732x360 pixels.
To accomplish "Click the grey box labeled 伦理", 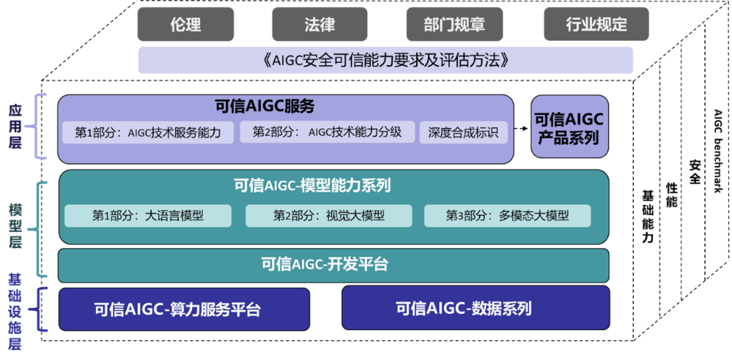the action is pyautogui.click(x=185, y=25).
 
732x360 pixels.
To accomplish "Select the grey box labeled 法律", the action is pyautogui.click(x=320, y=25).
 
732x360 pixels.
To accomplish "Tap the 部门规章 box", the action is pyautogui.click(x=455, y=25).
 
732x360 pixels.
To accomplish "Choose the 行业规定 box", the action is pyautogui.click(x=596, y=25).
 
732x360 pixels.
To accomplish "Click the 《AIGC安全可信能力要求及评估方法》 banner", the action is pyautogui.click(x=386, y=60).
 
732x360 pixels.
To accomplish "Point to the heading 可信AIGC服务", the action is pyautogui.click(x=264, y=107).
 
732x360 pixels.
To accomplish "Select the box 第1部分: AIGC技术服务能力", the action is pyautogui.click(x=148, y=133).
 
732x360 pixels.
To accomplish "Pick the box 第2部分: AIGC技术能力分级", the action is pyautogui.click(x=327, y=133).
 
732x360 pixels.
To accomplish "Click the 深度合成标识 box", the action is pyautogui.click(x=463, y=133).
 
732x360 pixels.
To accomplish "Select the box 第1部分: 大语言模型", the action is pyautogui.click(x=148, y=216).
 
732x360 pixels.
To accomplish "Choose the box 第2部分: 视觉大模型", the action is pyautogui.click(x=329, y=216).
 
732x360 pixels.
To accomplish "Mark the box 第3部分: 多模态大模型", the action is pyautogui.click(x=508, y=216).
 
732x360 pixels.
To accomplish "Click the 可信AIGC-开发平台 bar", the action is pyautogui.click(x=334, y=266).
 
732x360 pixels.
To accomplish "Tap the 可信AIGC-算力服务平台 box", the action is pyautogui.click(x=184, y=309).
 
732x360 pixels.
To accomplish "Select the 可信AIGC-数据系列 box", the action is pyautogui.click(x=475, y=308).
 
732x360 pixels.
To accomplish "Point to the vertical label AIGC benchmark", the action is pyautogui.click(x=718, y=150).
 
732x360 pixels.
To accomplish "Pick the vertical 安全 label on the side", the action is pyautogui.click(x=694, y=172).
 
